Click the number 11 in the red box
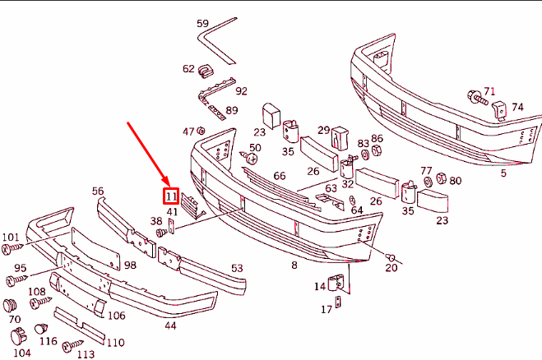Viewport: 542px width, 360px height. (x=171, y=196)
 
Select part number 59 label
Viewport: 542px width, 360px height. (x=202, y=24)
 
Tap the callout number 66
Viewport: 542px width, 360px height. (x=280, y=176)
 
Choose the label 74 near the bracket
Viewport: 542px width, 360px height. (x=517, y=108)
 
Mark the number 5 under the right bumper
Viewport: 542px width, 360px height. (x=503, y=173)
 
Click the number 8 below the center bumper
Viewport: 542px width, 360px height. (x=294, y=265)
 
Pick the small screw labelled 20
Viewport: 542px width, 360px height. (x=390, y=256)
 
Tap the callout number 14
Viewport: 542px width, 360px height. (x=320, y=286)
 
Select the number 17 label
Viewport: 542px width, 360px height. (x=327, y=310)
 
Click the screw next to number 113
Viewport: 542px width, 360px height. (x=72, y=344)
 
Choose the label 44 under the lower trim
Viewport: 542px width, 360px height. (x=170, y=325)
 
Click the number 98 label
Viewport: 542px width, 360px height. (x=130, y=265)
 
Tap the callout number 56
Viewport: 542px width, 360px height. (x=98, y=191)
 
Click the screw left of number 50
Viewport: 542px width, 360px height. (x=245, y=155)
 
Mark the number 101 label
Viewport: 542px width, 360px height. (x=10, y=238)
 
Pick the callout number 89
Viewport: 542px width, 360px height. (x=232, y=110)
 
